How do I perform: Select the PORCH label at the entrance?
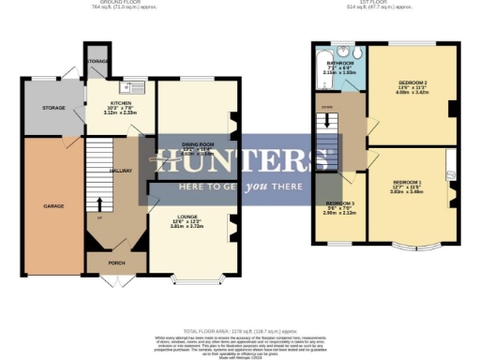115,262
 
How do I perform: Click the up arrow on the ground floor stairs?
100,203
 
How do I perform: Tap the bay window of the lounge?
191,277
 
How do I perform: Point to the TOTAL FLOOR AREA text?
239,331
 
